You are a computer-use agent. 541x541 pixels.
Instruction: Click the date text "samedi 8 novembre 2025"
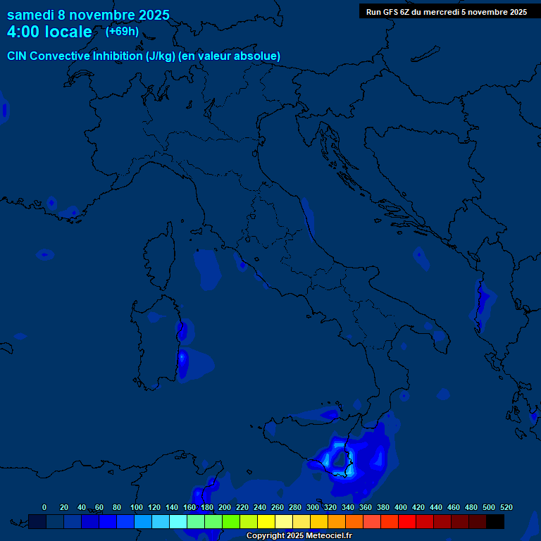[x=88, y=15]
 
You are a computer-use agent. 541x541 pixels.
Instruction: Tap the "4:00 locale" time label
[x=49, y=32]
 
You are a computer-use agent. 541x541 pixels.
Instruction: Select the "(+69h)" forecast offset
[x=122, y=32]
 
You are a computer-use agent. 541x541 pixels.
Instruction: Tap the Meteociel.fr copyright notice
[x=299, y=536]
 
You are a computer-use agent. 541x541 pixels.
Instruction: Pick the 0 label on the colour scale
[x=44, y=507]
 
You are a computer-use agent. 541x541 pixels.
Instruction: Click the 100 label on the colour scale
[x=137, y=507]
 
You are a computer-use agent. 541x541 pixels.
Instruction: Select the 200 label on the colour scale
[x=225, y=507]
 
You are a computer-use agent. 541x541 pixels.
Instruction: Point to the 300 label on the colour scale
[x=313, y=507]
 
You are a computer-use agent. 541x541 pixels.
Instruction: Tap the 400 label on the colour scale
[x=401, y=507]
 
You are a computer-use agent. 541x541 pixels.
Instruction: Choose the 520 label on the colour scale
[x=506, y=507]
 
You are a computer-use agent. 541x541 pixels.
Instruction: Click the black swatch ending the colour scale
[x=495, y=522]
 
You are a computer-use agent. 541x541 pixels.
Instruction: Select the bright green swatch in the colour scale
[x=231, y=522]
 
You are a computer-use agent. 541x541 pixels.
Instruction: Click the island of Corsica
[x=159, y=257]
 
